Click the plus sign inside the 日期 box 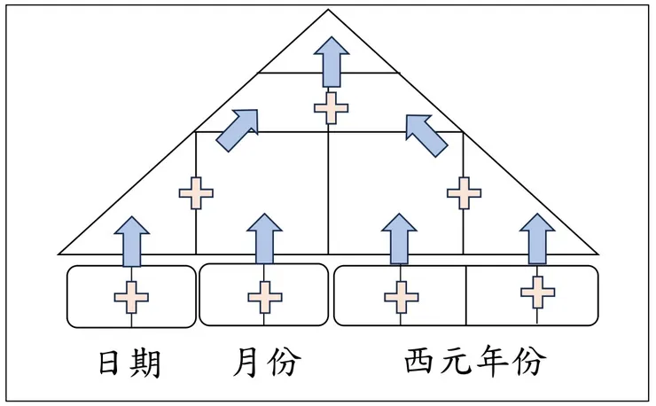click(130, 297)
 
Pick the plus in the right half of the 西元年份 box click(537, 291)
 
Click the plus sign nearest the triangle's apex click(331, 107)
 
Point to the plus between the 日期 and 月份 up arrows click(196, 192)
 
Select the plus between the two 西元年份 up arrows click(464, 192)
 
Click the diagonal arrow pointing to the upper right click(238, 129)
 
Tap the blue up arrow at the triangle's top click(331, 63)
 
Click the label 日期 click(130, 363)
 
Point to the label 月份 click(267, 363)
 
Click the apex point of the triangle click(329, 11)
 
